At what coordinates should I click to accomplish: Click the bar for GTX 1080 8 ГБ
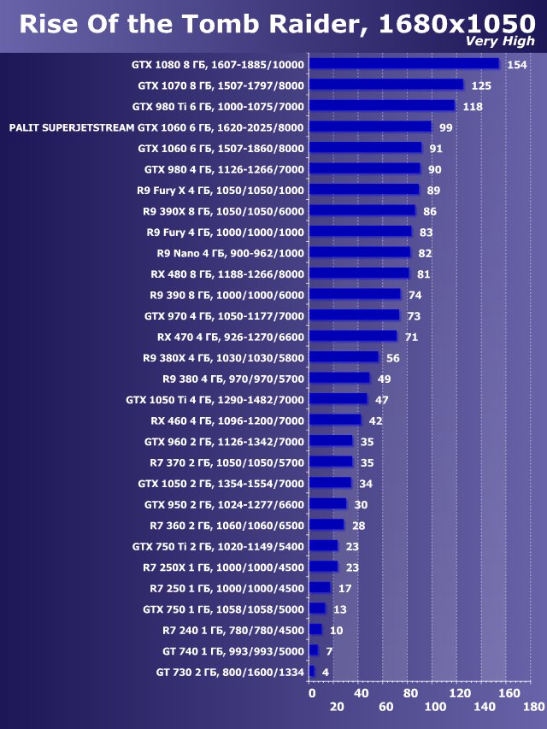click(403, 64)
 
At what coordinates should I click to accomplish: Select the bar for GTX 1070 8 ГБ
click(385, 85)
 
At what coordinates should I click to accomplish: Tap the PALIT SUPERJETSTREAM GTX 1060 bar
click(370, 126)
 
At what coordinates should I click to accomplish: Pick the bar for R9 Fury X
click(364, 190)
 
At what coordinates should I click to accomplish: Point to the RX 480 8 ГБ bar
click(359, 273)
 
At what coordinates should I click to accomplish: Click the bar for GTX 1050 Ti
click(338, 399)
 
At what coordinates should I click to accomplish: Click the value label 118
click(473, 107)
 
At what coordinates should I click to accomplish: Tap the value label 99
click(445, 127)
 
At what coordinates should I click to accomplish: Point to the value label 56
click(393, 357)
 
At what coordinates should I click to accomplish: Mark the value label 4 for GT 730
click(325, 672)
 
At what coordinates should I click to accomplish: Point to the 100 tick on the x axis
click(435, 707)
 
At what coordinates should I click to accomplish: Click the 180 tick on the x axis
click(534, 707)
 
